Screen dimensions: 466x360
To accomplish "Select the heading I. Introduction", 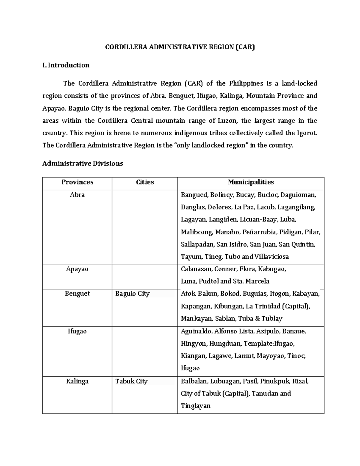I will (66, 65).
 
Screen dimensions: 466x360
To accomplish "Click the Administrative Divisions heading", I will (82, 164).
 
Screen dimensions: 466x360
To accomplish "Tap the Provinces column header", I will (77, 182).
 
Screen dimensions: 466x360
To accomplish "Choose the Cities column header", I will (145, 182).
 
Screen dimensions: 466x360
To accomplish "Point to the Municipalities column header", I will (251, 182).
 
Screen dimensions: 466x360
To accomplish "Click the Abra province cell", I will (77, 195).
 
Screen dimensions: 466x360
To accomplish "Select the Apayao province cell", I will (77, 269).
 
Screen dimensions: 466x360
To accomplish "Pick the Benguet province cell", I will (77, 294).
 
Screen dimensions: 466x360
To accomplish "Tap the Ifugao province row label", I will (77, 331).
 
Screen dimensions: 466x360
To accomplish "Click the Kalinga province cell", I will (77, 381).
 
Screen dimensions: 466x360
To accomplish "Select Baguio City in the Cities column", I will (132, 294).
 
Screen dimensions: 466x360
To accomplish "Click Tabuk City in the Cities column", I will (131, 381).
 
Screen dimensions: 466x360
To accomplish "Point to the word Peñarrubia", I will (256, 232).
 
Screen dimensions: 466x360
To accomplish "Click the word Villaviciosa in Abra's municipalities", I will (271, 257).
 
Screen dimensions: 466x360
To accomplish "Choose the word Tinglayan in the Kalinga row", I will (196, 406).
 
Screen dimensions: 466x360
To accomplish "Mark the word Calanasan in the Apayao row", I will (196, 269).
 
